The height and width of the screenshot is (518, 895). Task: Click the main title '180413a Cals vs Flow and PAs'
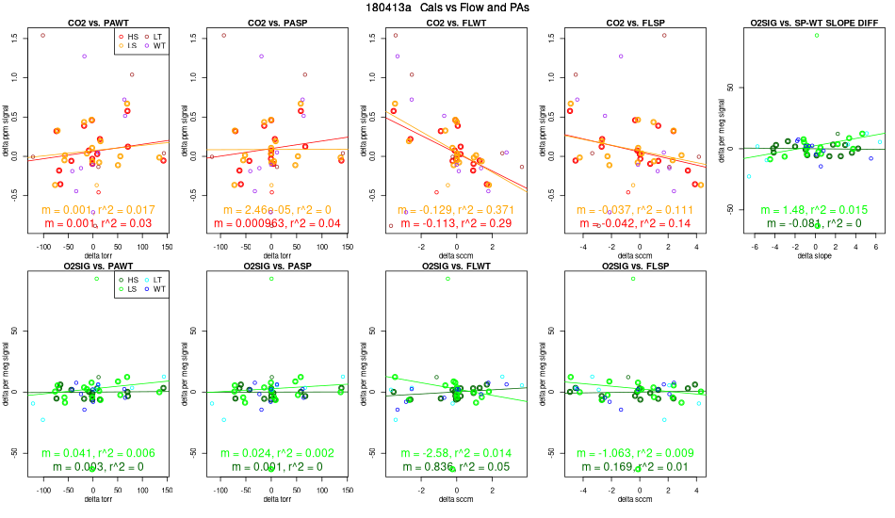[447, 8]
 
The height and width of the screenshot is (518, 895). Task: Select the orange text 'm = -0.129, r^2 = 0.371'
[456, 209]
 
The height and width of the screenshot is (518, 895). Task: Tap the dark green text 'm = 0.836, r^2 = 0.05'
[456, 468]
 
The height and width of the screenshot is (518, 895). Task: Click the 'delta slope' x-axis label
[817, 255]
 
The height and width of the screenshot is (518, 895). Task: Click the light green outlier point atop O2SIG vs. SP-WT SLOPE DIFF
[817, 35]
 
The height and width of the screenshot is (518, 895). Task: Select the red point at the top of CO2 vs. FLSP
[664, 35]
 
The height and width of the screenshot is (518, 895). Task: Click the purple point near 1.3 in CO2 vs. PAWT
[84, 57]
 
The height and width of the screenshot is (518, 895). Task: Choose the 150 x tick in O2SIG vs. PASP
[346, 491]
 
